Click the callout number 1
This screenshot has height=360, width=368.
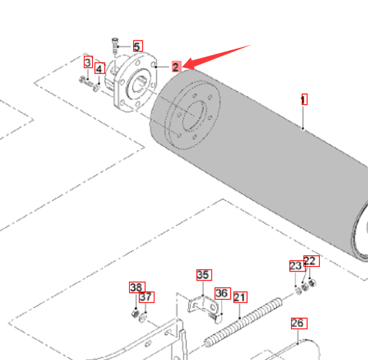[304, 99]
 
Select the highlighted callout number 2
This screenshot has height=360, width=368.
[176, 67]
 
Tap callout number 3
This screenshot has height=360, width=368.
[88, 62]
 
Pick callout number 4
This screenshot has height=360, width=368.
[100, 68]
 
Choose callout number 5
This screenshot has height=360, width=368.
[138, 46]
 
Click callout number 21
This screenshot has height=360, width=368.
[240, 297]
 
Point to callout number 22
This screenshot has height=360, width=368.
[311, 261]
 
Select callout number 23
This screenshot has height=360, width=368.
[297, 266]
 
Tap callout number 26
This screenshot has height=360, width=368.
[299, 323]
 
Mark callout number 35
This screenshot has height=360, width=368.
[204, 275]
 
